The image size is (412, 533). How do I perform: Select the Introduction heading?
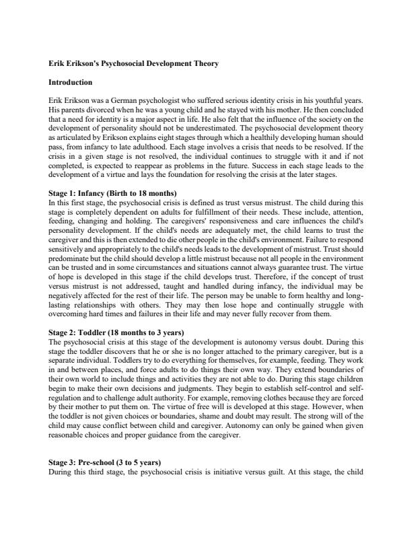coord(70,83)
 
